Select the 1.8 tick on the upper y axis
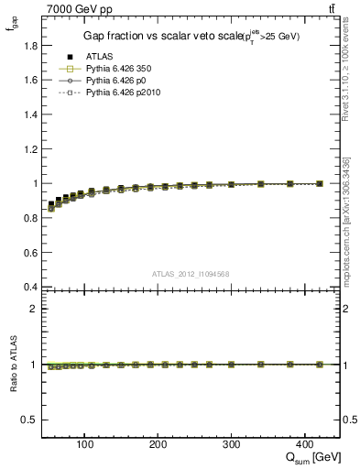31,45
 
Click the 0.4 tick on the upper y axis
31,288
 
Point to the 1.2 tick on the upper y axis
31,148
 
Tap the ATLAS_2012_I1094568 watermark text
191,274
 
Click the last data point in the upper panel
320,183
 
